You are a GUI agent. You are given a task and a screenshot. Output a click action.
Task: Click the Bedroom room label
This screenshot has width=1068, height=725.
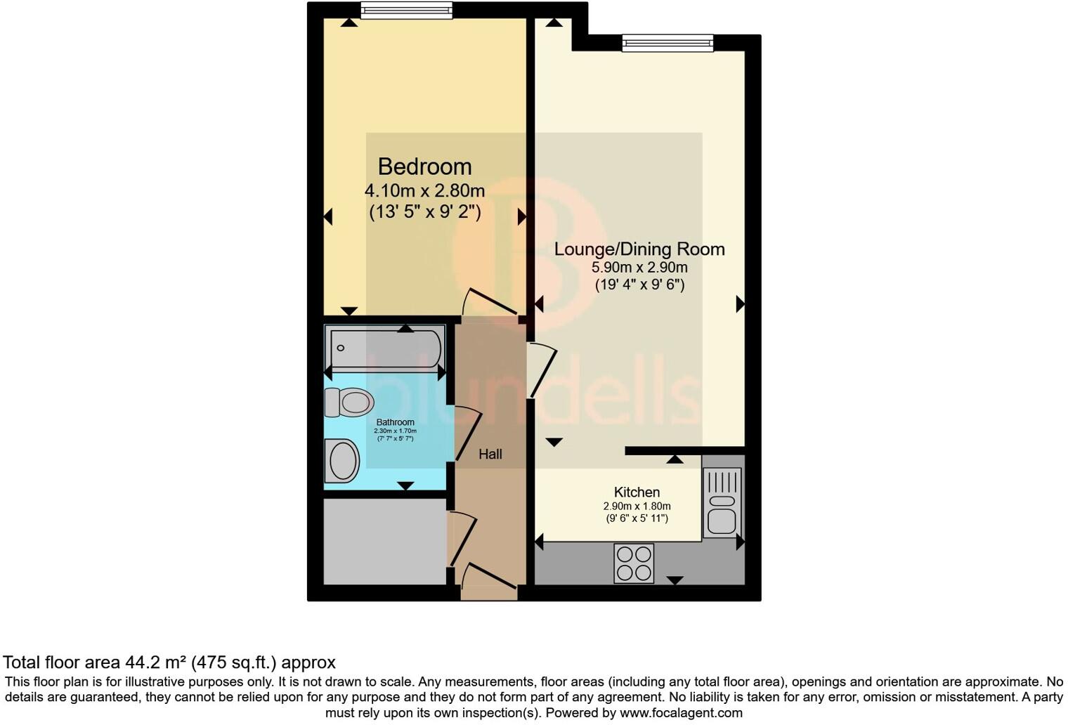pos(424,166)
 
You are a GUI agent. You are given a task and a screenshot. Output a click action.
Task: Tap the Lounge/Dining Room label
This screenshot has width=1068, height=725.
pos(639,249)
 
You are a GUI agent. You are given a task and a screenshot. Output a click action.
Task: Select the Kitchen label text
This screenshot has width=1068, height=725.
pos(637,492)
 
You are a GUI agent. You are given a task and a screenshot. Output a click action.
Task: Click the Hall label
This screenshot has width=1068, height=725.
pos(490,455)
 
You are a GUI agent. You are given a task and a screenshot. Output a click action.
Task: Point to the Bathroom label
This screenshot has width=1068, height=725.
pos(395,422)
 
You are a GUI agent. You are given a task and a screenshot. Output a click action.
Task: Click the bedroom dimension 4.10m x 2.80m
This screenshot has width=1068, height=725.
pos(424,190)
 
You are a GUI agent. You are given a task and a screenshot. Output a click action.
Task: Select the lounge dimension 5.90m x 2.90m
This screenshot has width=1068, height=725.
pos(639,268)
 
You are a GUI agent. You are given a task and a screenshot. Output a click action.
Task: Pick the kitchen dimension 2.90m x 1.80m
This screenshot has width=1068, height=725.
pos(637,507)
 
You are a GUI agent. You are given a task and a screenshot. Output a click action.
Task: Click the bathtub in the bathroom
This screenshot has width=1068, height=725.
pos(385,348)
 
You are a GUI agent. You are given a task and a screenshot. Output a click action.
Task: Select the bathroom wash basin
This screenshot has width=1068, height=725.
pos(342,461)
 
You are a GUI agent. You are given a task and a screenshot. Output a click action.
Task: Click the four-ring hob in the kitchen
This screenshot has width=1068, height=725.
pos(634,563)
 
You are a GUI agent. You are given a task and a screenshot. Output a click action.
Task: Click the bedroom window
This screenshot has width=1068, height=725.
pos(406,10)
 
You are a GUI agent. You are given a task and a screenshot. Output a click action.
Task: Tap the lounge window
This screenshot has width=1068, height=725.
pos(667,44)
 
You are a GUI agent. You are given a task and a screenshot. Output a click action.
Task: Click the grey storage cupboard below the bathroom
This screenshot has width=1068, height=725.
pos(385,541)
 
